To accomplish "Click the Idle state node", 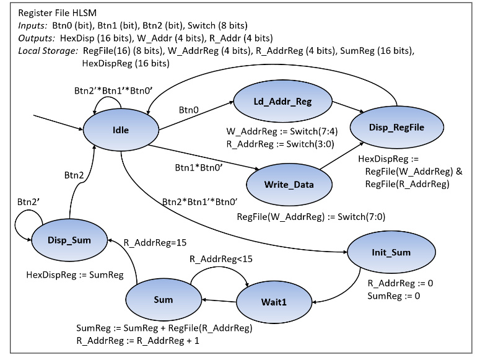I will point(120,130).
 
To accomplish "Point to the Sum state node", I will point(163,300).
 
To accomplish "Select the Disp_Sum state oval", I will point(69,239).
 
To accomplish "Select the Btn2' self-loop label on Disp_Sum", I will point(29,202).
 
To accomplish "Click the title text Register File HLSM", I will point(58,12).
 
